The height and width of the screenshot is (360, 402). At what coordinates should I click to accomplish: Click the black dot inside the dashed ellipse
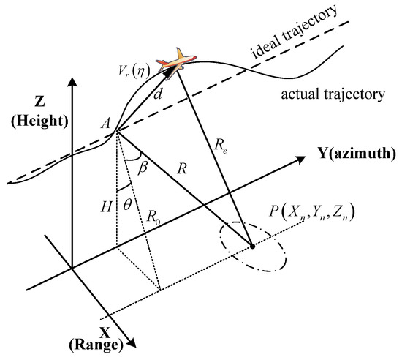click(254, 247)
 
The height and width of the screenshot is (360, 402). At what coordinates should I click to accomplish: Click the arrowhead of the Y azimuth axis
click(306, 156)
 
